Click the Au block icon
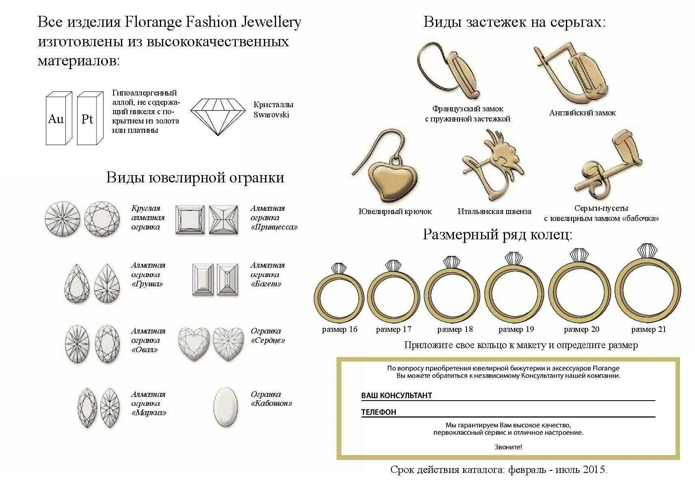pos(59,118)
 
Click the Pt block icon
pos(90,118)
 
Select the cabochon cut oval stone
pos(226,407)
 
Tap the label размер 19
pos(516,329)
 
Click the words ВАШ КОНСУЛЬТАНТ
pos(397,395)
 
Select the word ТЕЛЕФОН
pos(378,412)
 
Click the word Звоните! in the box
pos(508,447)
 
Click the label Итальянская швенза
pos(494,212)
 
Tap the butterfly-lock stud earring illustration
pos(608,162)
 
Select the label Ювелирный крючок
pos(395,212)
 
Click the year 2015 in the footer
pos(594,469)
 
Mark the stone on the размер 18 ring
pos(451,262)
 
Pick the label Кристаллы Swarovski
pos(273,110)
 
